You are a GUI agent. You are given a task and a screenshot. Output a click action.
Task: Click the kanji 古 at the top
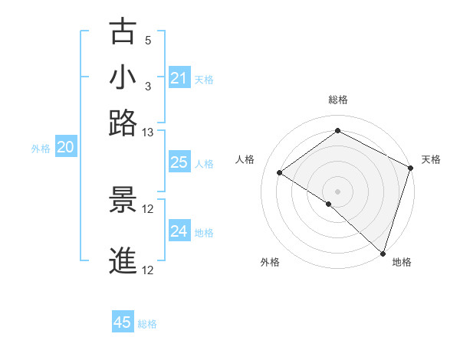click(123, 31)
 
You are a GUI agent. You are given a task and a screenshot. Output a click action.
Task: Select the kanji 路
click(123, 123)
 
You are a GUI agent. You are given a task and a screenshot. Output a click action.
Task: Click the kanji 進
click(123, 261)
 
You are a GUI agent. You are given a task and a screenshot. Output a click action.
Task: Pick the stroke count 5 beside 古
click(148, 40)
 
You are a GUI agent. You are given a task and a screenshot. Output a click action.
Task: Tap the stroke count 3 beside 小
click(148, 85)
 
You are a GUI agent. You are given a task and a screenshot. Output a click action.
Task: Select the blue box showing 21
click(179, 78)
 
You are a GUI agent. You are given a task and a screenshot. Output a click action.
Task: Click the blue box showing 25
click(179, 162)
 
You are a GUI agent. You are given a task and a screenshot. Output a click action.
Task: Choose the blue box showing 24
click(179, 231)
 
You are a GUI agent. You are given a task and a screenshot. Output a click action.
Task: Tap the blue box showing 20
click(65, 148)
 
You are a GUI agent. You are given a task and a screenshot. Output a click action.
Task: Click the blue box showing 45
click(122, 322)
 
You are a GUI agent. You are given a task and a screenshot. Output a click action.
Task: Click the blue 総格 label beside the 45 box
click(147, 324)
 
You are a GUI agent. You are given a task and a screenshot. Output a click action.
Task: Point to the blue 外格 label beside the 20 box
click(41, 149)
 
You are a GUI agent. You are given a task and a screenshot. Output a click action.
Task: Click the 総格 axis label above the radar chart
click(337, 100)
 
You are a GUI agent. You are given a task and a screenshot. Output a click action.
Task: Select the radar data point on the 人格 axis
click(280, 172)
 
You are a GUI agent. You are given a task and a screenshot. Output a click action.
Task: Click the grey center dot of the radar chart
click(337, 191)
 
